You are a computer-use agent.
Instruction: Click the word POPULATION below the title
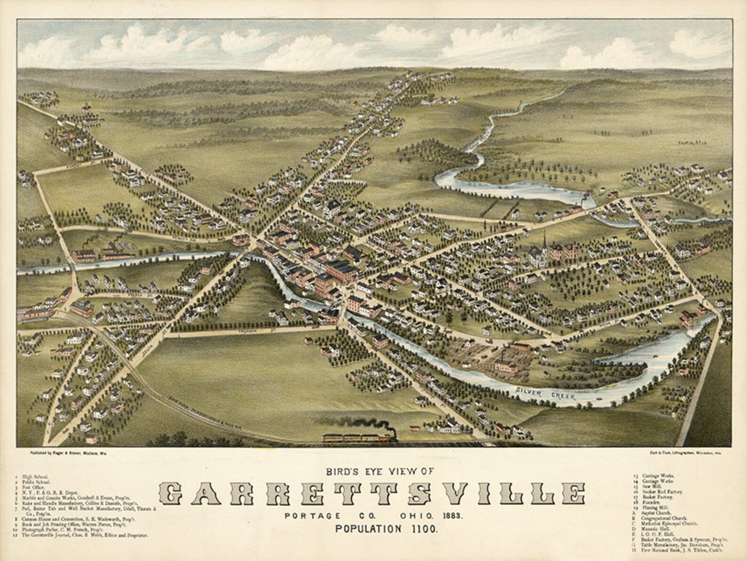coord(365,528)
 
